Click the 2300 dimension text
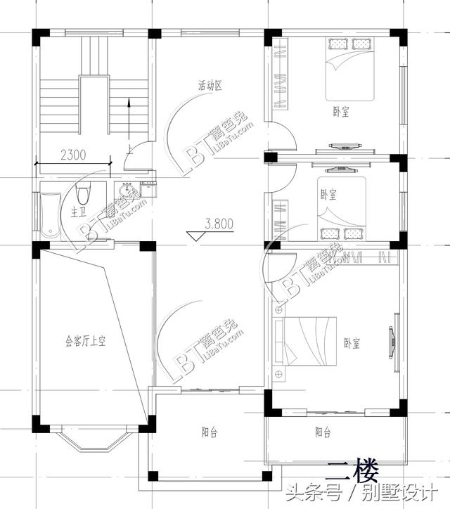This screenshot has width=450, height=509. (x=74, y=155)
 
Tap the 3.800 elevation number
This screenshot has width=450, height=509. (x=219, y=225)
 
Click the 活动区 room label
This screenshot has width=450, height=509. (x=209, y=86)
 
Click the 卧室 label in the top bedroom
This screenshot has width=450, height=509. (x=342, y=112)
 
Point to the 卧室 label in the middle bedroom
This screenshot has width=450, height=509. (x=328, y=195)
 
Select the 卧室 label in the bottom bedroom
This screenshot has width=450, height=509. (x=352, y=343)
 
